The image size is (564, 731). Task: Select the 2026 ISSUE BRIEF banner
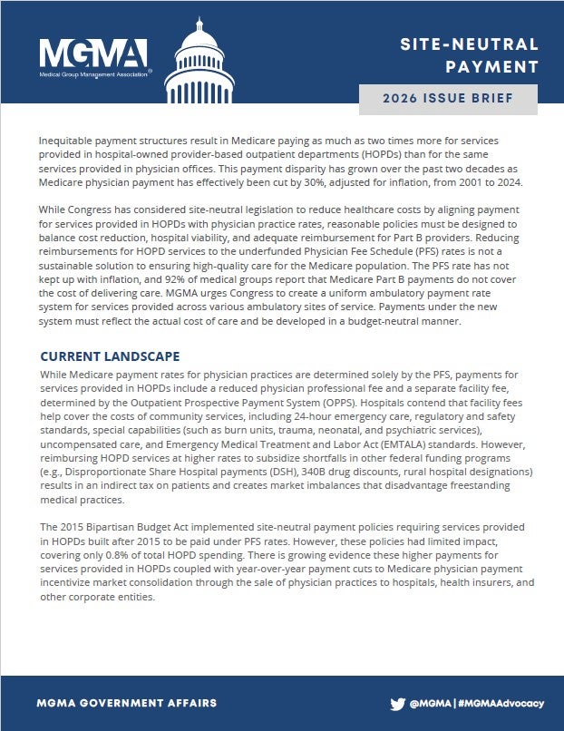pyautogui.click(x=454, y=98)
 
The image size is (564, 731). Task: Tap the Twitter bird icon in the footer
pyautogui.click(x=397, y=703)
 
